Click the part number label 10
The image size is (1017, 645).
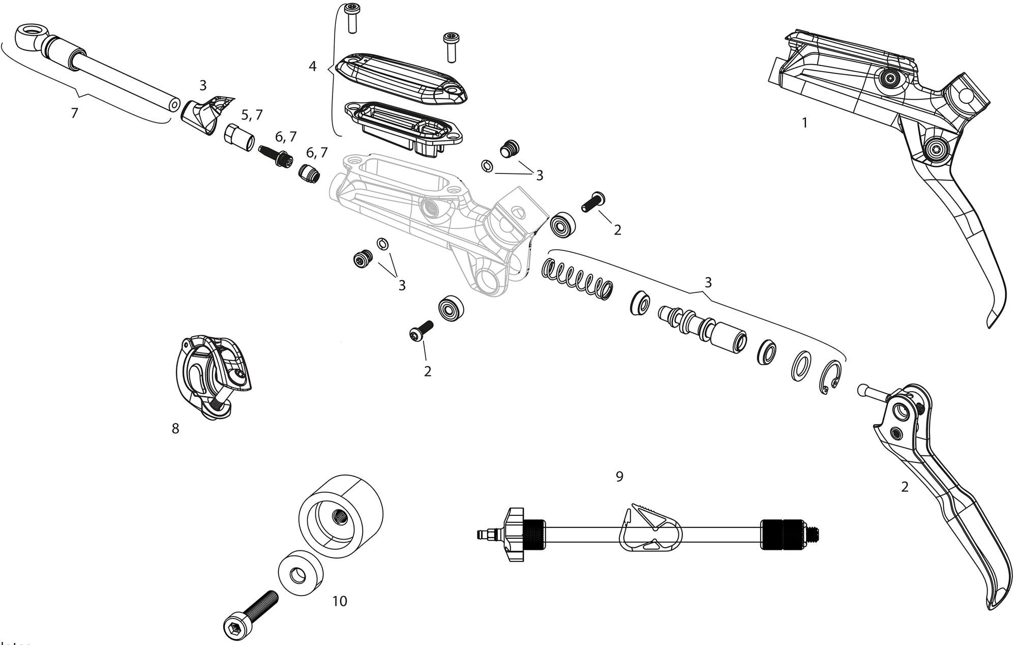click(340, 601)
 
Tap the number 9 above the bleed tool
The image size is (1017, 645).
click(619, 477)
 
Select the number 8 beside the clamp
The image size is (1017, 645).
click(175, 429)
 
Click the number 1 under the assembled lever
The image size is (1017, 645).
click(804, 123)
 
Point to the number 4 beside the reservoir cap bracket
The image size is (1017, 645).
click(312, 66)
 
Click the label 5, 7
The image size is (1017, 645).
click(252, 115)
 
